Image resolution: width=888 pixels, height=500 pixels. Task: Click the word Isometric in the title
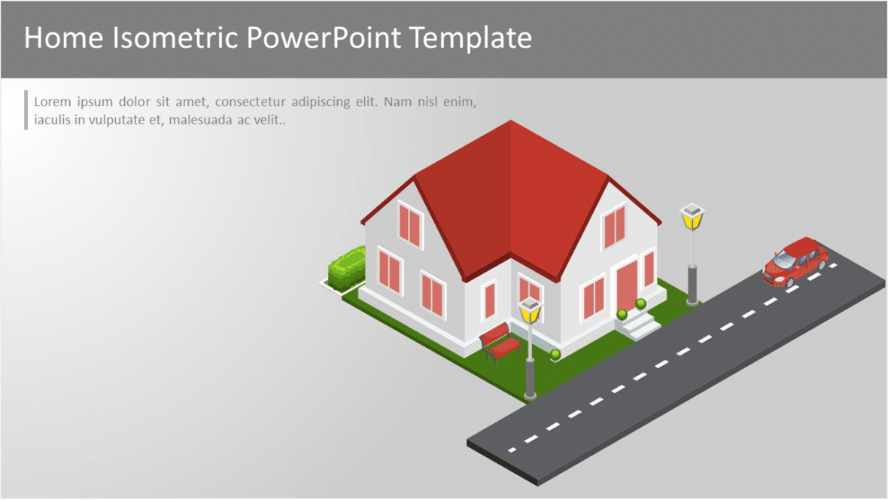[x=178, y=38]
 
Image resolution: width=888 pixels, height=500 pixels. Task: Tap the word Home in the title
[x=65, y=38]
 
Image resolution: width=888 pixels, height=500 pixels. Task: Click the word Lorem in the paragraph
[x=52, y=102]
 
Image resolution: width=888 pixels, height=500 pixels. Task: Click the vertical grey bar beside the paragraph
[x=26, y=110]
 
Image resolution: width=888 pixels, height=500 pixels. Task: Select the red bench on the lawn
[x=500, y=343]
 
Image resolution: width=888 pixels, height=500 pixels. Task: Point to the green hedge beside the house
[x=347, y=269]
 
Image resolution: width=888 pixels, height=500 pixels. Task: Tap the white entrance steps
[x=638, y=325]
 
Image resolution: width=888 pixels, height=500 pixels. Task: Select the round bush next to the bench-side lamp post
[x=555, y=354]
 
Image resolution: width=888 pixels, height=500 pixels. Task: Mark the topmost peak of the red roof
[x=512, y=121]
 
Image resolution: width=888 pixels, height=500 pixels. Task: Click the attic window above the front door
[x=615, y=225]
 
